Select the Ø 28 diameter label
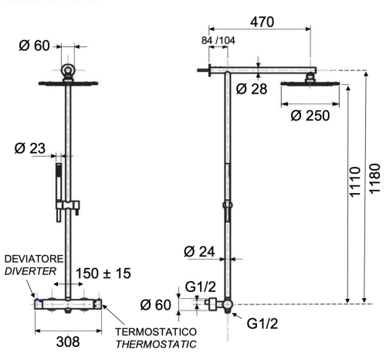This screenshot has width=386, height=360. point(252,90)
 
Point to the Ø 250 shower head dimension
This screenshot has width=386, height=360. point(310,116)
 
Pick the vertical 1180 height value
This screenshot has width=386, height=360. point(375,182)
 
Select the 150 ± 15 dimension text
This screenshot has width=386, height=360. point(103,273)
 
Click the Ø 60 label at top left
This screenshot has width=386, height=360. point(36,46)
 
